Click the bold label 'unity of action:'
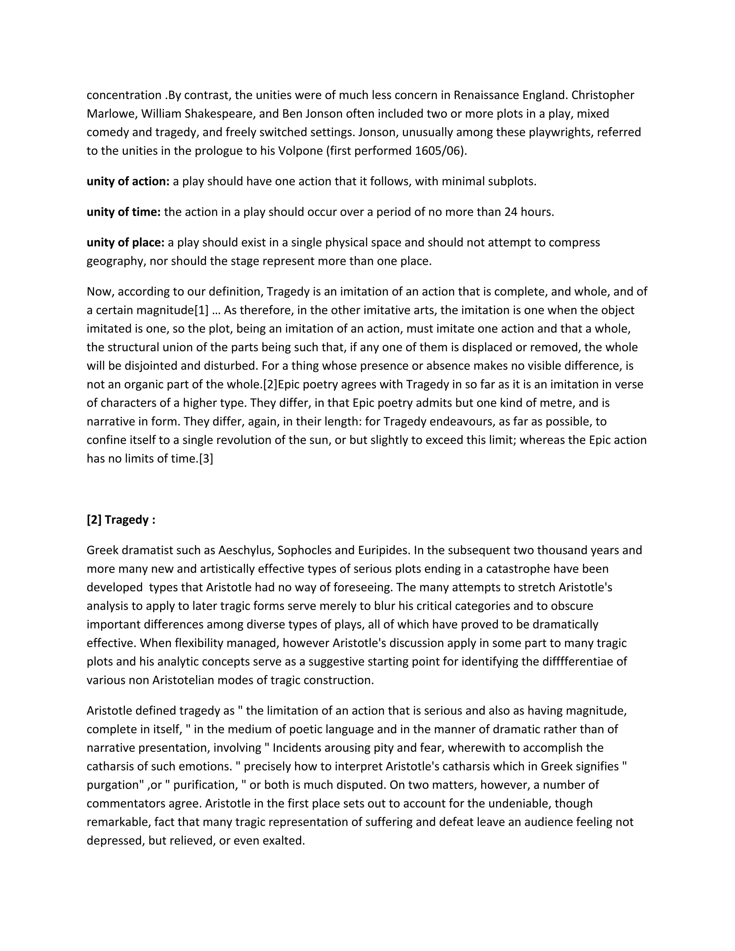[128, 182]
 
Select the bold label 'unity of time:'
[124, 212]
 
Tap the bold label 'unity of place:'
[125, 243]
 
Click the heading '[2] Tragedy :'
[121, 520]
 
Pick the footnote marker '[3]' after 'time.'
[206, 459]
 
